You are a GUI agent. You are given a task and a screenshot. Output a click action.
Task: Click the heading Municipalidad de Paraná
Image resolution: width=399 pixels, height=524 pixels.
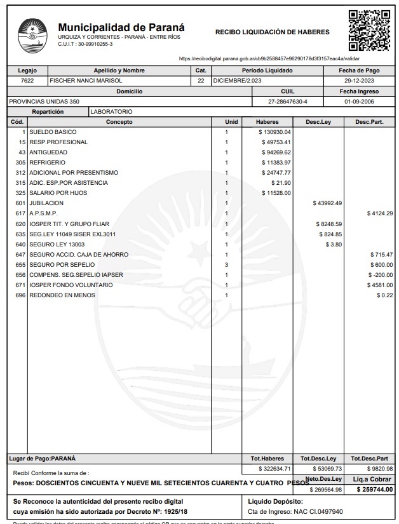point(121,28)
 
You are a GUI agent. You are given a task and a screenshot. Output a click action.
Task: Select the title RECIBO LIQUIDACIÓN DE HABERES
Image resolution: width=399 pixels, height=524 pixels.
point(273,31)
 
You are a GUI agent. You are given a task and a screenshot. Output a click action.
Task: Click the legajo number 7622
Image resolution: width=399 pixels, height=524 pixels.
point(27,81)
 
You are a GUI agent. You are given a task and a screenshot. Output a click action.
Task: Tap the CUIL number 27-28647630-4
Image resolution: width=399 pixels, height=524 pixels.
point(288,101)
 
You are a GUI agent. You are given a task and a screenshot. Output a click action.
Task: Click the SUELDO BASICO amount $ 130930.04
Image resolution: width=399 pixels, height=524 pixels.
point(274,132)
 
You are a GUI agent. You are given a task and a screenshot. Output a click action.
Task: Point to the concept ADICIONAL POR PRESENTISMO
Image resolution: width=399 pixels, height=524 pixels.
point(74,173)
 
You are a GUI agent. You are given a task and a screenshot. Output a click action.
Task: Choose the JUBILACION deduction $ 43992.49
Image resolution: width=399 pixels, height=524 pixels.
point(328,203)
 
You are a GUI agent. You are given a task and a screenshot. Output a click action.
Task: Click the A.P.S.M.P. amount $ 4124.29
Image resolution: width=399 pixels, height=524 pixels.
point(380,213)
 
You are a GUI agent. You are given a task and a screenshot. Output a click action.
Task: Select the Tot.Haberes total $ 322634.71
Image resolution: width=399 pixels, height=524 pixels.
point(274,469)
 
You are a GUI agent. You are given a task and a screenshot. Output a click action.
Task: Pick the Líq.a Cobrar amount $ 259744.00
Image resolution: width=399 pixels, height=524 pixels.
point(375,489)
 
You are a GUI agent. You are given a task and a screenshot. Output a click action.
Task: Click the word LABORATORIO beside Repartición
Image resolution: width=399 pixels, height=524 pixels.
point(111,111)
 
